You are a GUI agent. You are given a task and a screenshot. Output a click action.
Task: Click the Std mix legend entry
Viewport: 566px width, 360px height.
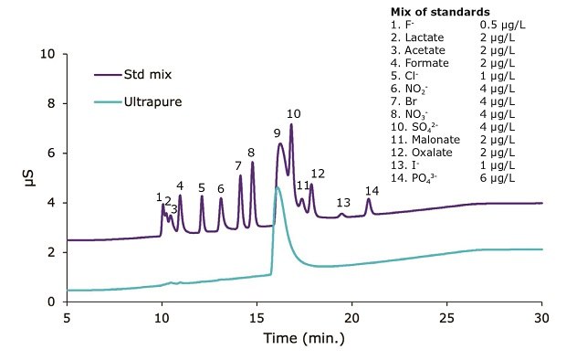pyautogui.click(x=149, y=75)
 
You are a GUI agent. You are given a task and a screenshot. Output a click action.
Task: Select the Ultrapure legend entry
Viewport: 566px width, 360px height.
pyautogui.click(x=152, y=101)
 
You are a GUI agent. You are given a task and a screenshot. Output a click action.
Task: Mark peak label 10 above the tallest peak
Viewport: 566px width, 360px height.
pyautogui.click(x=293, y=114)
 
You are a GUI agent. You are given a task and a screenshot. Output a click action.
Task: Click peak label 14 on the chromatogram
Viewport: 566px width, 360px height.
pyautogui.click(x=372, y=190)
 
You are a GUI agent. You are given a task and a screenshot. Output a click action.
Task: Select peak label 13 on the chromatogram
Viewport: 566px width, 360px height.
pyautogui.click(x=343, y=202)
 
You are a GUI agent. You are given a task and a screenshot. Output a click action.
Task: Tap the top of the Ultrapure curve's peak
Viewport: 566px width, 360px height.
pyautogui.click(x=277, y=187)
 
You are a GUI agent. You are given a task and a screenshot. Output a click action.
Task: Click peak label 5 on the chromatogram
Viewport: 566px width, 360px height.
pyautogui.click(x=202, y=187)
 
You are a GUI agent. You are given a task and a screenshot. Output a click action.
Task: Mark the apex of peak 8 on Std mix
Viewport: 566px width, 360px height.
pyautogui.click(x=252, y=163)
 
